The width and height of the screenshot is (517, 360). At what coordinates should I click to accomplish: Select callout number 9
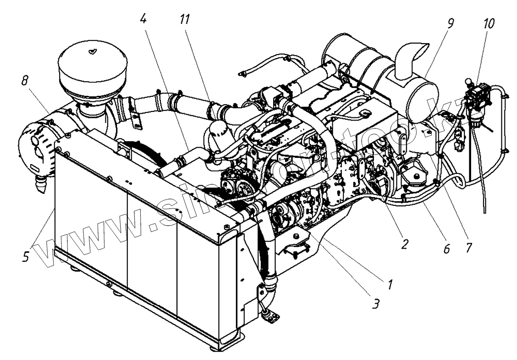click(451, 23)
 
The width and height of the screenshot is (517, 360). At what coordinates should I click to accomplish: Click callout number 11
click(185, 19)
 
